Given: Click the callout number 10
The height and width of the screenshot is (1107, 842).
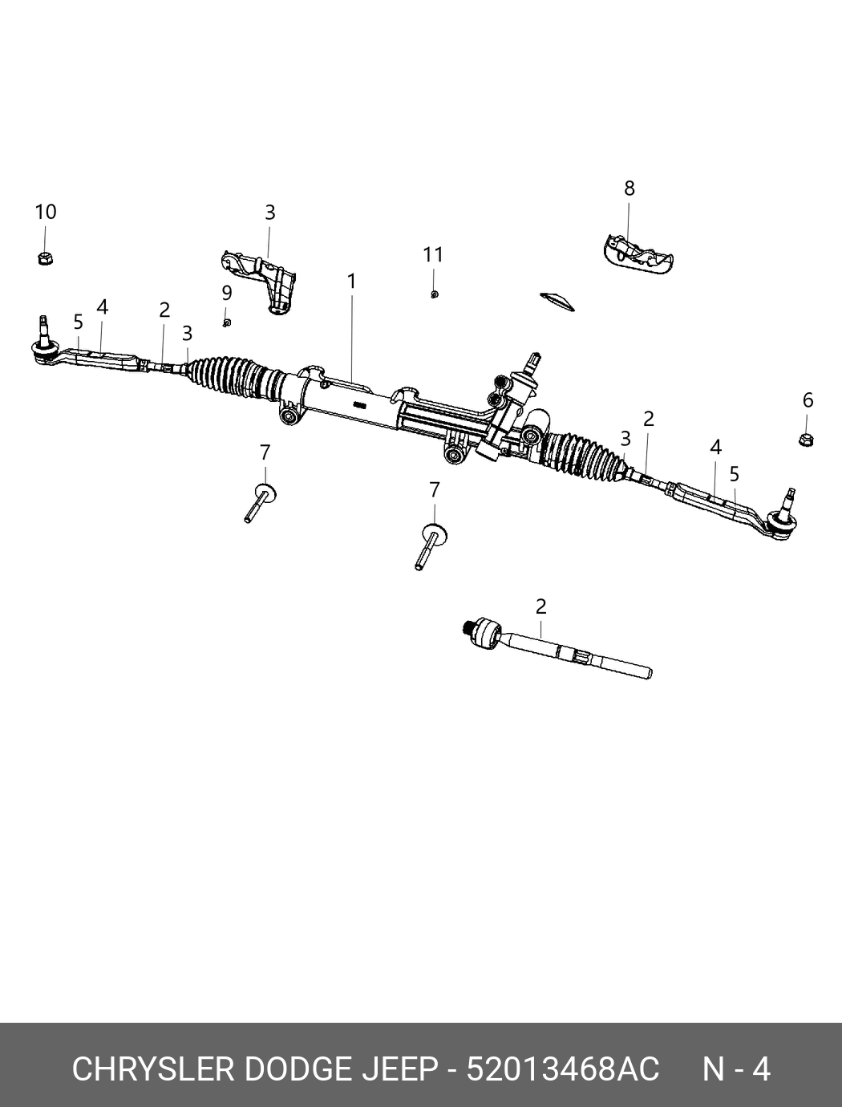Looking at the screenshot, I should pos(46,213).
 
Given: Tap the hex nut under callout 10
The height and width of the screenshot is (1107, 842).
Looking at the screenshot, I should pos(46,258).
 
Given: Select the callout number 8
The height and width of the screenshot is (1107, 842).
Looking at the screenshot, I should pos(629,189).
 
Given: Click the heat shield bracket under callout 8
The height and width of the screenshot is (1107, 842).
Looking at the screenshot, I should pos(637,252).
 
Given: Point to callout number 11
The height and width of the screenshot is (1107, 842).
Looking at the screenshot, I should pos(433,255).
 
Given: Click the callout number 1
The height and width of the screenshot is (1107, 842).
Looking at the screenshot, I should pos(351,282).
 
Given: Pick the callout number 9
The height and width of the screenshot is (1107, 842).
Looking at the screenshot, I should pos(227,293).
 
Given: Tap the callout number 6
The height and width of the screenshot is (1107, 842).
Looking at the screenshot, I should pos(808,399).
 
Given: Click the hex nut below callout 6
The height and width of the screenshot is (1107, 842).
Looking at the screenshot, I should pos(807,440).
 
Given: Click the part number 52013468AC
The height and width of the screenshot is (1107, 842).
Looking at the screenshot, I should pos(563,1069).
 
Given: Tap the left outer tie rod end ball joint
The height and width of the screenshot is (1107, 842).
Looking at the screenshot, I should pos(43,348).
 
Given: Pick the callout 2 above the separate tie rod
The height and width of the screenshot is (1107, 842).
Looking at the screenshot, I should pos(541,606).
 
